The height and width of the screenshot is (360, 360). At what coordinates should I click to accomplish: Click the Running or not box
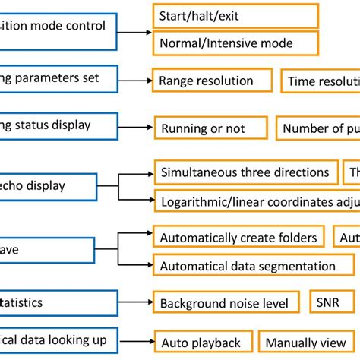(210, 128)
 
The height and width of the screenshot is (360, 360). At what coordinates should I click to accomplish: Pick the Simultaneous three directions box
(246, 173)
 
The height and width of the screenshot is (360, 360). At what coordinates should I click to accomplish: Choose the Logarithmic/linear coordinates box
(255, 202)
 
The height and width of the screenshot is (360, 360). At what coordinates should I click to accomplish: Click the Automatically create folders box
(238, 238)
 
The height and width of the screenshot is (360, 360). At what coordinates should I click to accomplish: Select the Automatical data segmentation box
(253, 266)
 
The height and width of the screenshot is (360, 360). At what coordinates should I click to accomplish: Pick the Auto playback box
(202, 342)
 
